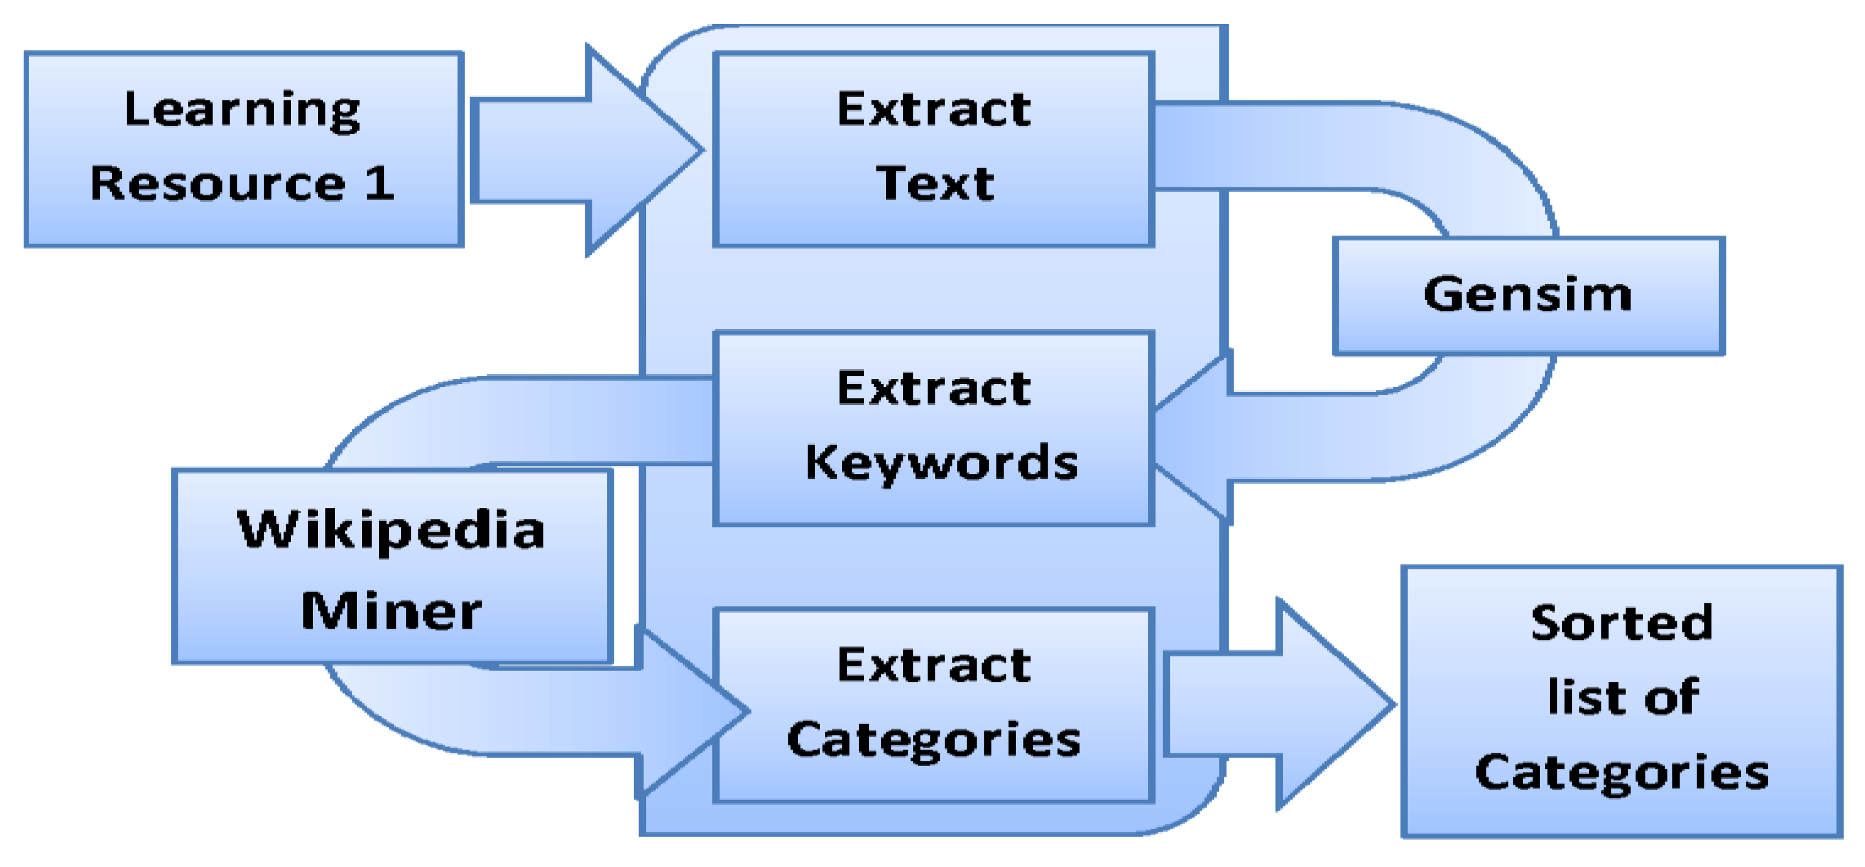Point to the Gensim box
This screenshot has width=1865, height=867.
pos(1528,295)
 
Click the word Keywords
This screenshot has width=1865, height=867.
pos(941,463)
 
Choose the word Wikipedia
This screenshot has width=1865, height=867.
pos(391,530)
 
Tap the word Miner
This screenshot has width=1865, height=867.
pos(391,611)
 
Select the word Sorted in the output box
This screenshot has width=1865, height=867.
pos(1622,622)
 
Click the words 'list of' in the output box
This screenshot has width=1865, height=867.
pos(1622,697)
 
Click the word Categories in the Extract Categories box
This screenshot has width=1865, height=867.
pos(934,740)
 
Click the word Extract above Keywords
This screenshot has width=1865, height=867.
pos(934,389)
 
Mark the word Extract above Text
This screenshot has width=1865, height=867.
pos(934,110)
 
